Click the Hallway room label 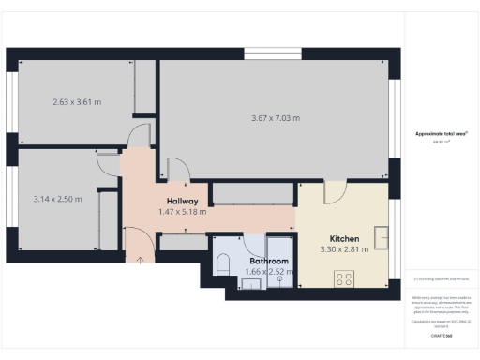pyautogui.click(x=182, y=201)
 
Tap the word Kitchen pyautogui.click(x=344, y=238)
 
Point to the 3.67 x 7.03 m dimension pyautogui.click(x=276, y=118)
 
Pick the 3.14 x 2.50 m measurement pyautogui.click(x=57, y=199)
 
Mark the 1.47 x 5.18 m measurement pyautogui.click(x=182, y=212)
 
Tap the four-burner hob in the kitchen pyautogui.click(x=344, y=277)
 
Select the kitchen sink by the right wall pyautogui.click(x=382, y=234)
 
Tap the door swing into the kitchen pyautogui.click(x=334, y=192)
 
